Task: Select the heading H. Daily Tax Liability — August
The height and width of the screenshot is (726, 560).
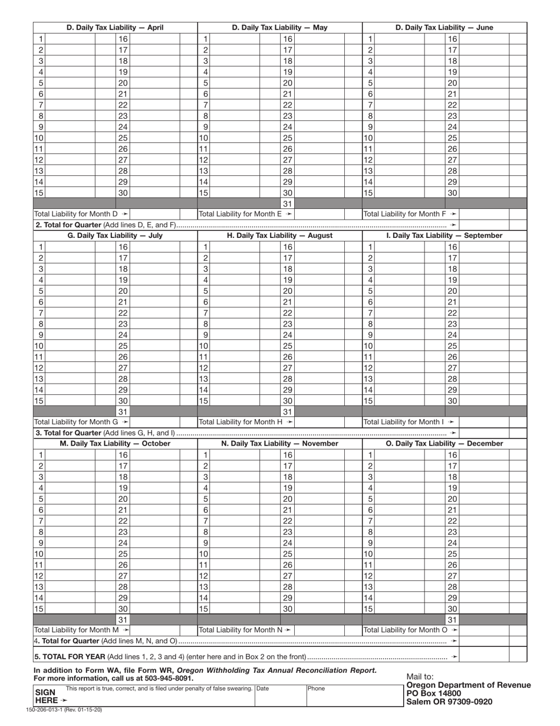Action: (280, 236)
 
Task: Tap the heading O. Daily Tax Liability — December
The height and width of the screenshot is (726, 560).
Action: (444, 443)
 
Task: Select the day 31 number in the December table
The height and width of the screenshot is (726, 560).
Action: (452, 620)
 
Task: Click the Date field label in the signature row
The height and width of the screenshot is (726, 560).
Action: (262, 688)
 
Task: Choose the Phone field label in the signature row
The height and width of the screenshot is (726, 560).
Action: (316, 688)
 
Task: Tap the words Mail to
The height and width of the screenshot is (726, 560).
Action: (420, 676)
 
